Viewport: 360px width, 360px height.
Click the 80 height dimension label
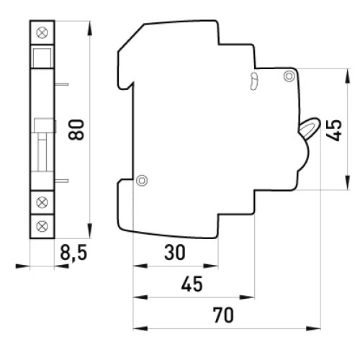click(x=76, y=130)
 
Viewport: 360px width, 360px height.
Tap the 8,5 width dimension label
click(x=73, y=253)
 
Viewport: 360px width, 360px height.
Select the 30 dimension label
click(x=175, y=253)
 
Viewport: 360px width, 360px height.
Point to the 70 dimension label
click(x=223, y=315)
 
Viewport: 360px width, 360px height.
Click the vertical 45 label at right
click(x=334, y=130)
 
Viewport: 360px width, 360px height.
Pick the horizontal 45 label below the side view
click(x=192, y=284)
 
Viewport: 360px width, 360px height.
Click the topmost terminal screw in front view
click(x=42, y=32)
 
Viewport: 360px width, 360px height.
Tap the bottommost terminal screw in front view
click(x=42, y=226)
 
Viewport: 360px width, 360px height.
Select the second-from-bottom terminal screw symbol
click(x=42, y=202)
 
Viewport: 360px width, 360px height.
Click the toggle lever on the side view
click(x=310, y=127)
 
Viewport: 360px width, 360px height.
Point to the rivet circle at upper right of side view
click(x=289, y=76)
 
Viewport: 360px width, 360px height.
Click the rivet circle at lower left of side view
click(x=142, y=180)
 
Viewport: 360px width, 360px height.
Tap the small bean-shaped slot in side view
click(x=253, y=81)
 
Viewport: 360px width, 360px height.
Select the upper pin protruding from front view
click(x=61, y=84)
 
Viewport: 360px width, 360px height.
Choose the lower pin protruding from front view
click(x=61, y=181)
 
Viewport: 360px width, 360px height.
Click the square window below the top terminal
click(x=42, y=58)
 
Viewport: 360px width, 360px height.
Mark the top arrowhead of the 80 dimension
click(x=89, y=29)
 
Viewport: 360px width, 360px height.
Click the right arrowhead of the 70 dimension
click(x=313, y=328)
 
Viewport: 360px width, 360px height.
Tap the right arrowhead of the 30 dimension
click(x=211, y=266)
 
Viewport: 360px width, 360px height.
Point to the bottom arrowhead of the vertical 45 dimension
click(x=347, y=182)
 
